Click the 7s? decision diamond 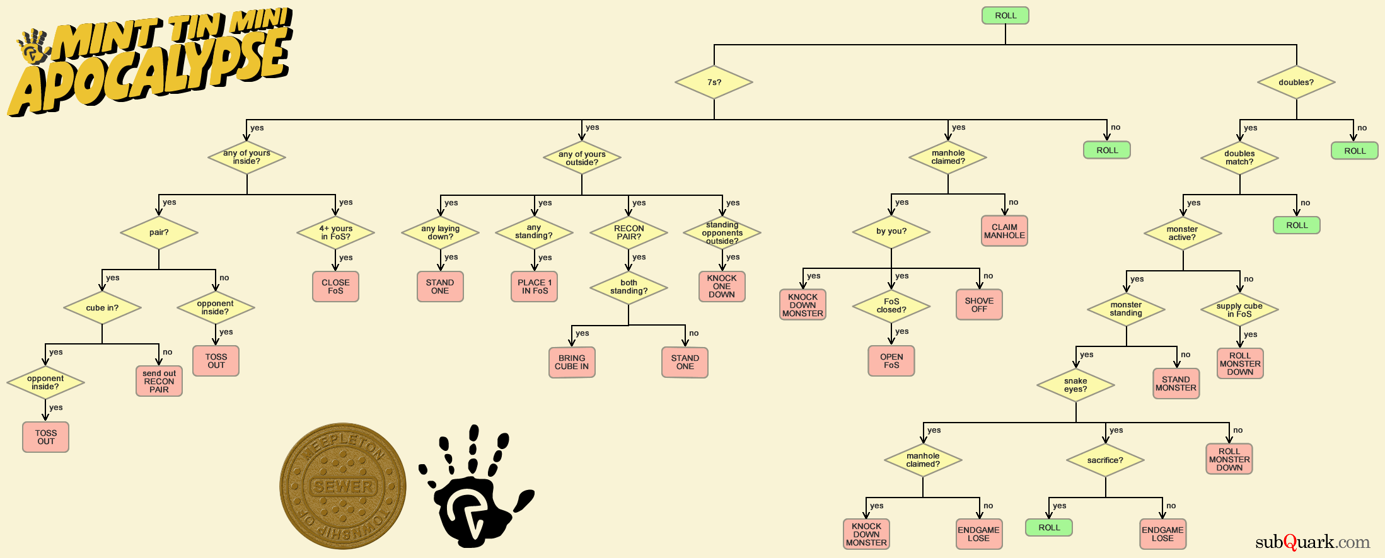click(714, 83)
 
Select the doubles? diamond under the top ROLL click(1296, 83)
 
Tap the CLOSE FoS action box click(335, 287)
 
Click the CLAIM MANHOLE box click(1004, 231)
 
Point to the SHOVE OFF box click(979, 305)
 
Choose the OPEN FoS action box click(891, 361)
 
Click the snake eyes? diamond click(1075, 385)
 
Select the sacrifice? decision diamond click(1105, 460)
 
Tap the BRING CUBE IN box click(572, 362)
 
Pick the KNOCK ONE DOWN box click(722, 287)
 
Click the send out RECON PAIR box click(159, 382)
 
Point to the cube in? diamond click(102, 308)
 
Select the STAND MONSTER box click(1176, 384)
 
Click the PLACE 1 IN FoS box click(535, 287)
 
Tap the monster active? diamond click(1183, 233)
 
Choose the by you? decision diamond click(891, 231)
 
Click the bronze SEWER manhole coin click(343, 486)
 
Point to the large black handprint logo click(474, 488)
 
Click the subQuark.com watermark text click(1313, 542)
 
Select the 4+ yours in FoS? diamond click(335, 232)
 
